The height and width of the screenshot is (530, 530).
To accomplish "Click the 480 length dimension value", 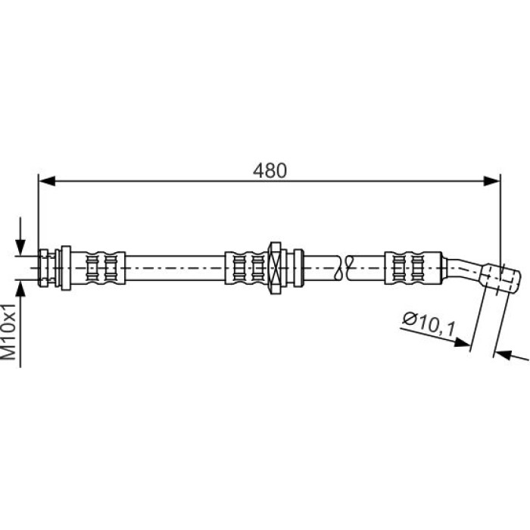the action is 270,170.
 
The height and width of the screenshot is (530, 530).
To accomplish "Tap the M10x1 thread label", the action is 9,332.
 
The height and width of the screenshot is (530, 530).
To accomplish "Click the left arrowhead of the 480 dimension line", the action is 47,181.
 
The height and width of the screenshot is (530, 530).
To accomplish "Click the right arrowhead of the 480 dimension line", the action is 492,181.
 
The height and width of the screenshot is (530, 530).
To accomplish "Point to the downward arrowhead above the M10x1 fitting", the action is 20,247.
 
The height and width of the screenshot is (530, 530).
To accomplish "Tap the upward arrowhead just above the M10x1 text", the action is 20,289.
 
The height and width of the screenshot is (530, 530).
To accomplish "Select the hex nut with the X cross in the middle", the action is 274,268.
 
